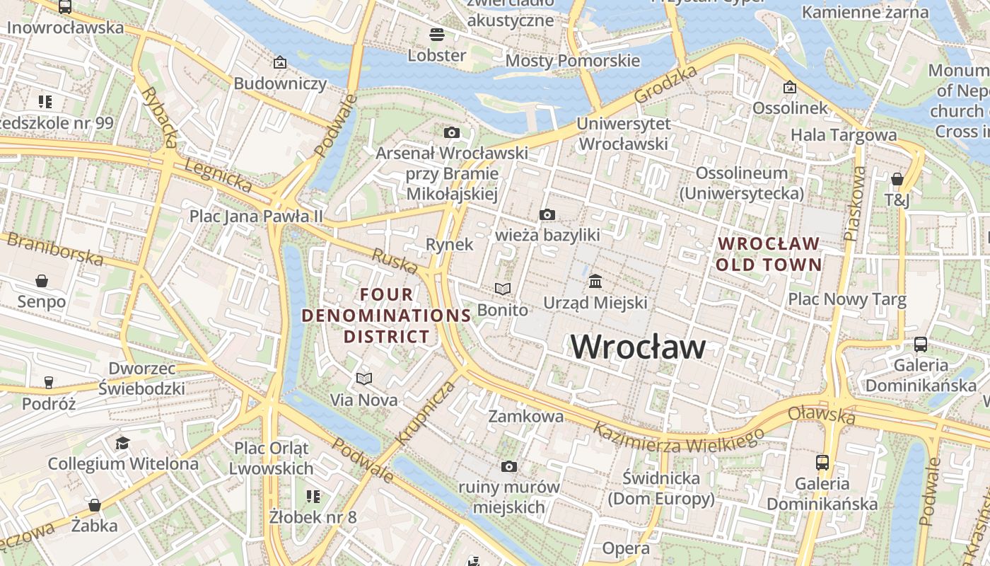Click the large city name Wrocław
(x=638, y=347)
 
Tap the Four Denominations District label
(x=387, y=315)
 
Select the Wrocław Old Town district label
(x=769, y=254)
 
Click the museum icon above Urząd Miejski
(x=595, y=282)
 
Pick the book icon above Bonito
(x=502, y=289)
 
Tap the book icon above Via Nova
(x=364, y=379)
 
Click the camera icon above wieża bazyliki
(x=547, y=214)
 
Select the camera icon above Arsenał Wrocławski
(x=451, y=132)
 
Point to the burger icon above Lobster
(x=436, y=34)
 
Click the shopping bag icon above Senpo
(x=42, y=281)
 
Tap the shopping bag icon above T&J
(x=897, y=179)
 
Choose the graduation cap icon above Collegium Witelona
(x=123, y=443)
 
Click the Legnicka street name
(x=218, y=176)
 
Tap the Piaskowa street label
(x=855, y=203)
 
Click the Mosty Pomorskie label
(x=572, y=61)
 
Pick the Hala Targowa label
(x=843, y=134)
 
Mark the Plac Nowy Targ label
(x=846, y=299)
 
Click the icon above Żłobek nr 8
(x=313, y=497)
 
